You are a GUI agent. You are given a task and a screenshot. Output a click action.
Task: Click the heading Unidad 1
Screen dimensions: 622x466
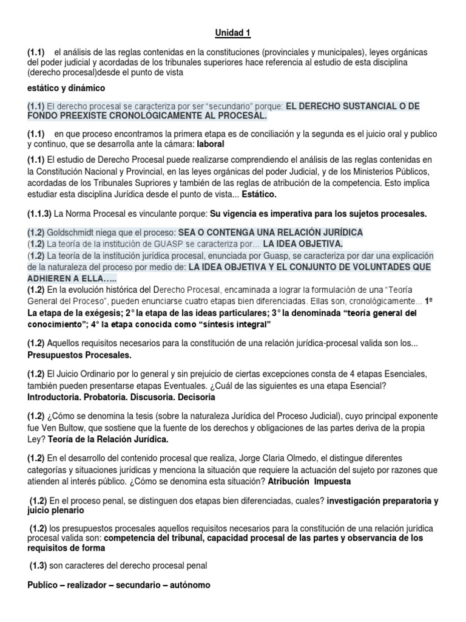click(233, 33)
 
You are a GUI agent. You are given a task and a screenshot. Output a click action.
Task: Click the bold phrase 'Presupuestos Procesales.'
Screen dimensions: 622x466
click(79, 355)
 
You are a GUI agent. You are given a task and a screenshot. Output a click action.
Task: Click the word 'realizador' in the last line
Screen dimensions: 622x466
click(86, 586)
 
